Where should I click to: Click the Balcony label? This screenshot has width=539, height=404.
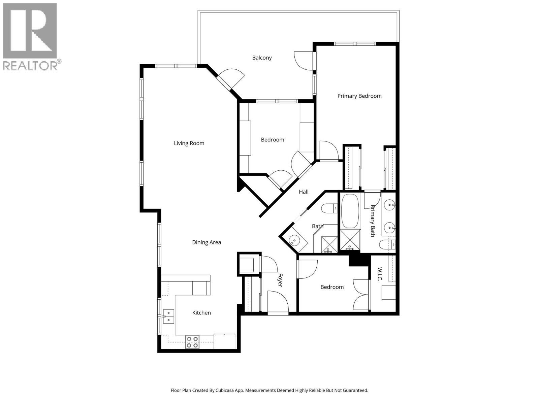(x=262, y=58)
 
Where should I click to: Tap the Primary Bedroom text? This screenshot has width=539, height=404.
(x=359, y=96)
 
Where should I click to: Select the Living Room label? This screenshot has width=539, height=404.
(x=189, y=143)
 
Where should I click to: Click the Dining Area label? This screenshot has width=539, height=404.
(x=207, y=242)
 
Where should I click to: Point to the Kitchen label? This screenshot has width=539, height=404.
(x=201, y=313)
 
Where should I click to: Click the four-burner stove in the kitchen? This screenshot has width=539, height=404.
(x=192, y=342)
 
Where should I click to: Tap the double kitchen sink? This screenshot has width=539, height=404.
(x=168, y=316)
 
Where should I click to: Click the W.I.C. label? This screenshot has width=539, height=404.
(x=379, y=274)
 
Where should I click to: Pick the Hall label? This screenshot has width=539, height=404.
(x=304, y=192)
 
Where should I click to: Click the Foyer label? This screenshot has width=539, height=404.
(x=280, y=280)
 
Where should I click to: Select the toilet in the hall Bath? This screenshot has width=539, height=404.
(x=329, y=209)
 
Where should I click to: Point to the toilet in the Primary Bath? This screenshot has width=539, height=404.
(x=387, y=244)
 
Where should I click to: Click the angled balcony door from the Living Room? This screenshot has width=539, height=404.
(x=230, y=79)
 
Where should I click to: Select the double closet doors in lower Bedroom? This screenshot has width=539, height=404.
(x=361, y=295)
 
